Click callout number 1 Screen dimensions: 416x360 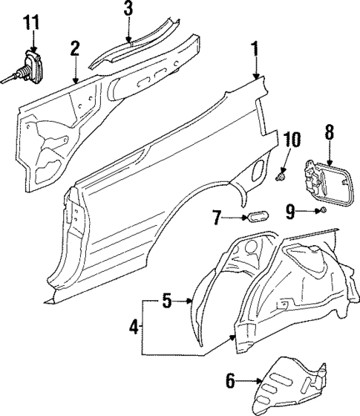pos(256,50)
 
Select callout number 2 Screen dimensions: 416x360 pos(75,49)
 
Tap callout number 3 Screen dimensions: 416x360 pos(128,9)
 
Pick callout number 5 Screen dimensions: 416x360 pos(167,301)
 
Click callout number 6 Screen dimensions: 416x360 pos(230,383)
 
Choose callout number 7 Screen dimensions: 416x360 pos(217,218)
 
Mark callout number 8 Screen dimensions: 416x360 pos(330,133)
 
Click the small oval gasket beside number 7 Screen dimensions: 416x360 pos(256,217)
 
